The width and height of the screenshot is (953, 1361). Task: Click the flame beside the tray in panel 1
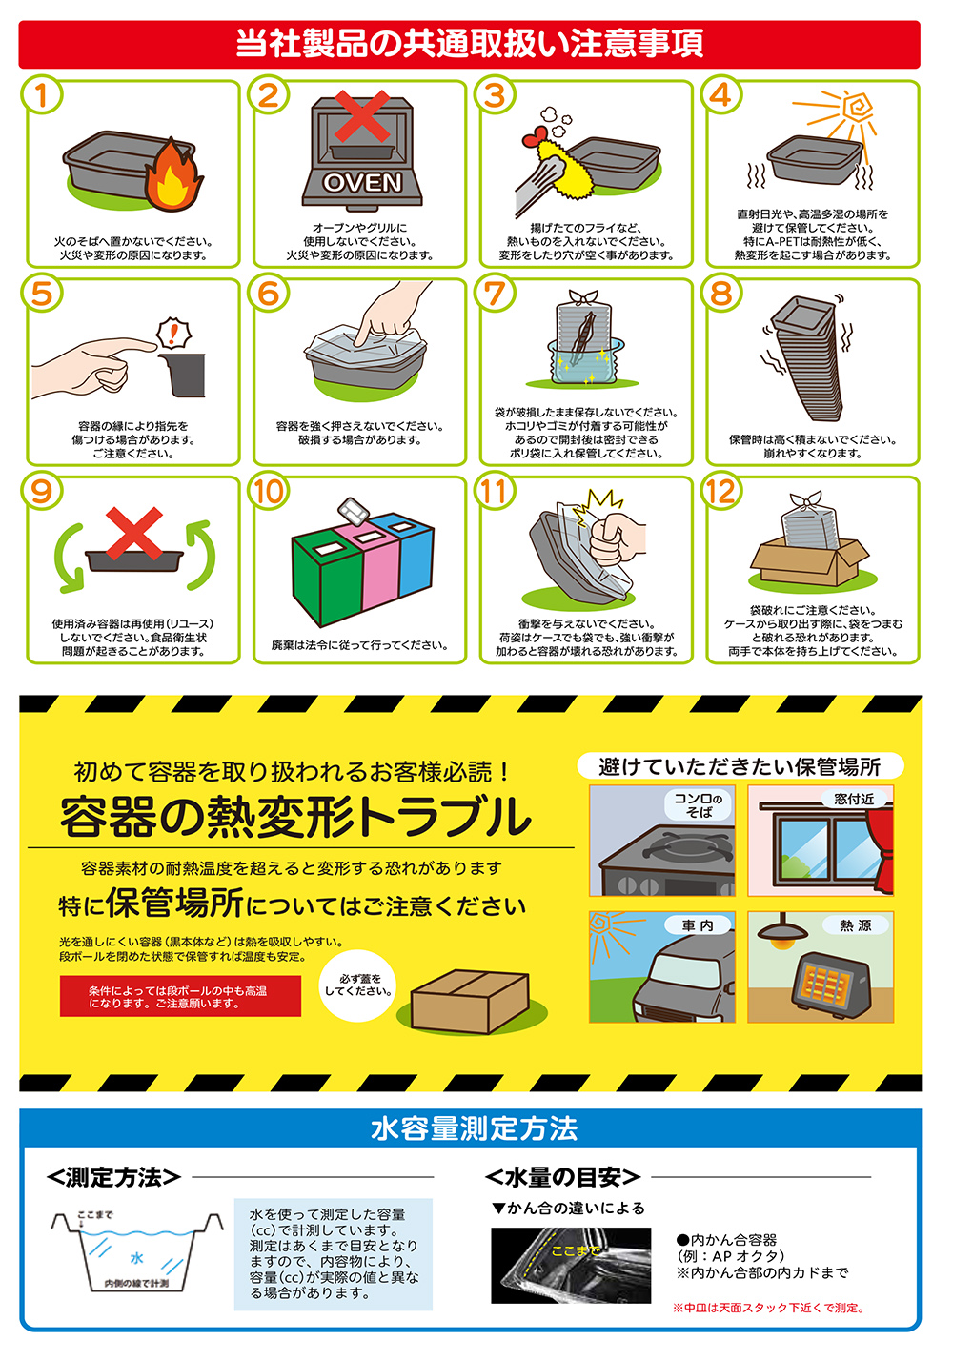tap(172, 176)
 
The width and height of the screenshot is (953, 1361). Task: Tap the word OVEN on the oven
tap(362, 182)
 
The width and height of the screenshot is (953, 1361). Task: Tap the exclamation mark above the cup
tap(174, 333)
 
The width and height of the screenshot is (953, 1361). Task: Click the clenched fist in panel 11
tap(614, 538)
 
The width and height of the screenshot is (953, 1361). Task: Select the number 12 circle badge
tap(721, 491)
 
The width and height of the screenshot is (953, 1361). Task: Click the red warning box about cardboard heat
tap(180, 996)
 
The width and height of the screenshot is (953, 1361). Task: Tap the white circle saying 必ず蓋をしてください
tap(357, 985)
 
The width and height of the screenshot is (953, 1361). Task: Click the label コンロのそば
tap(699, 804)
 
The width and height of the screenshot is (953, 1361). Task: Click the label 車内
tap(698, 925)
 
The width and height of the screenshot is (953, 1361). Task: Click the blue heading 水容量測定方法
tap(475, 1128)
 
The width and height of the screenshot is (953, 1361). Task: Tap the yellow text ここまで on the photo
tap(576, 1251)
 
